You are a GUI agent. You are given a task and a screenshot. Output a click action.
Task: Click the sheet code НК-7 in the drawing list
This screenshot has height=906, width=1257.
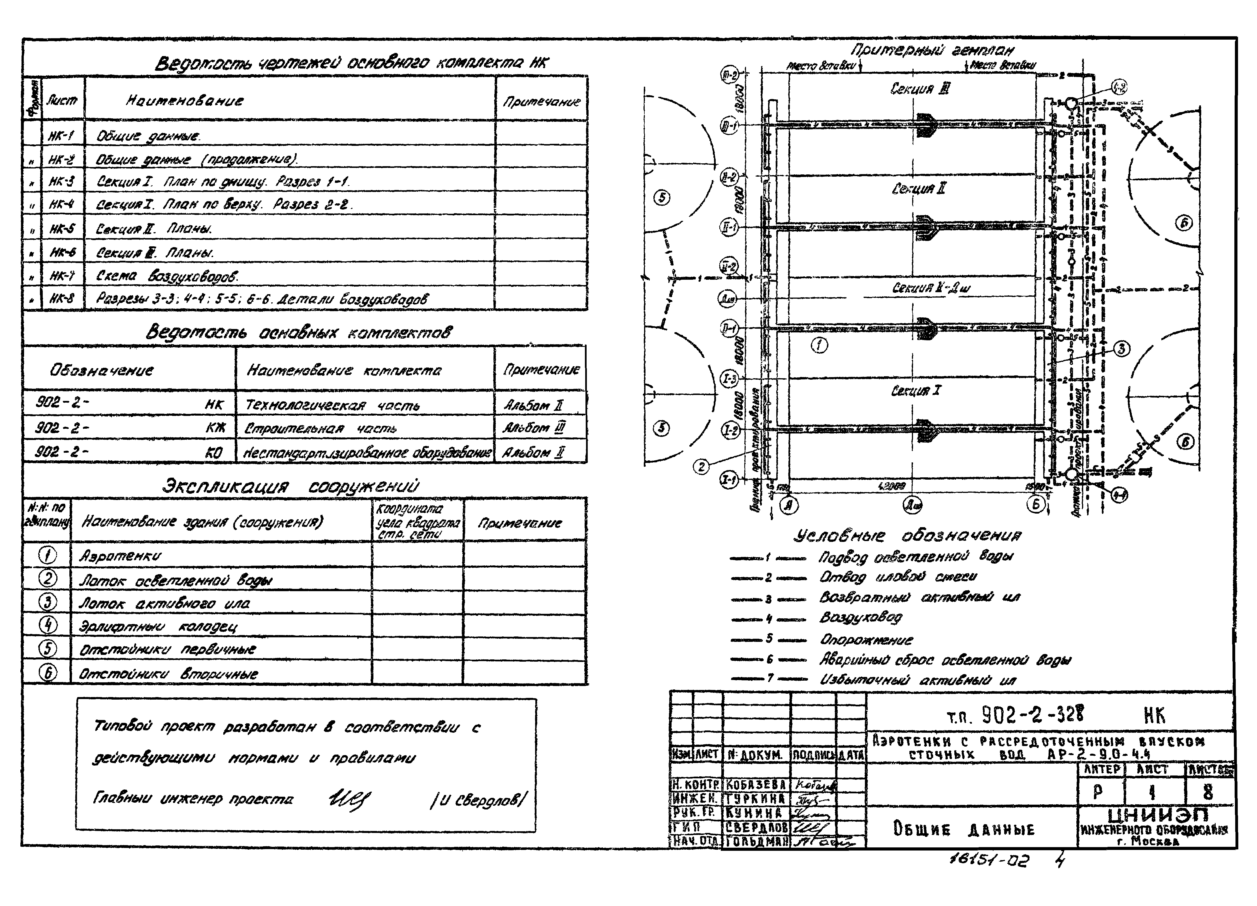pyautogui.click(x=62, y=275)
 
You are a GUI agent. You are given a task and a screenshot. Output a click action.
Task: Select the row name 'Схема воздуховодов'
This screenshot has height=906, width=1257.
pyautogui.click(x=167, y=275)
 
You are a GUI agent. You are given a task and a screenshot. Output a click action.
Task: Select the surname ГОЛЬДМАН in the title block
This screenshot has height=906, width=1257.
pyautogui.click(x=756, y=841)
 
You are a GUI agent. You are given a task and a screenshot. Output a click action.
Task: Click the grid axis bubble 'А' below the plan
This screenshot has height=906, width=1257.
pyautogui.click(x=789, y=504)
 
